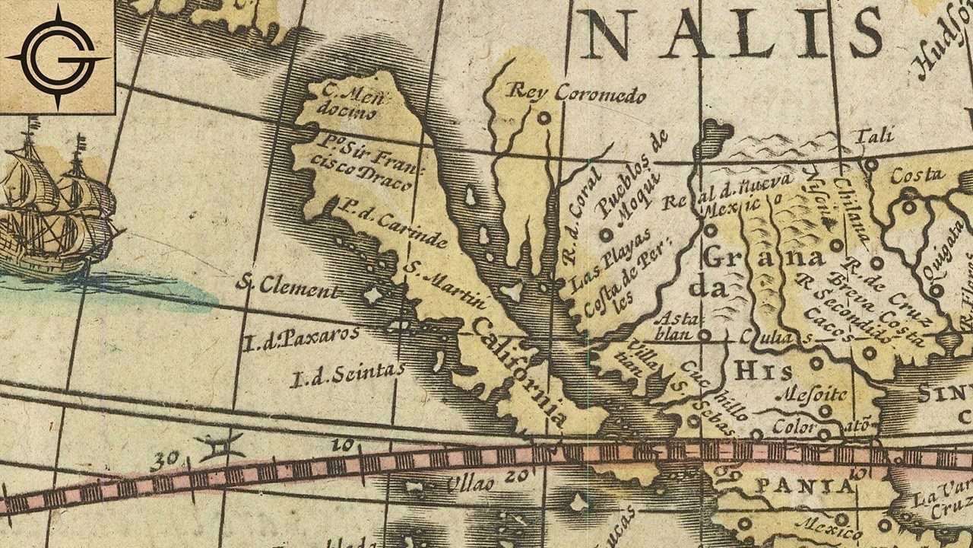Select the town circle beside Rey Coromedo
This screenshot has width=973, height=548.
pyautogui.click(x=543, y=118)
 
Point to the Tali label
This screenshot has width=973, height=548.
pyautogui.click(x=874, y=137)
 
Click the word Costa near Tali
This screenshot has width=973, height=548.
pyautogui.click(x=918, y=175)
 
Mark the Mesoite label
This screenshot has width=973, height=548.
pyautogui.click(x=813, y=394)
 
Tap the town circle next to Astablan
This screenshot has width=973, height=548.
pyautogui.click(x=705, y=333)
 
